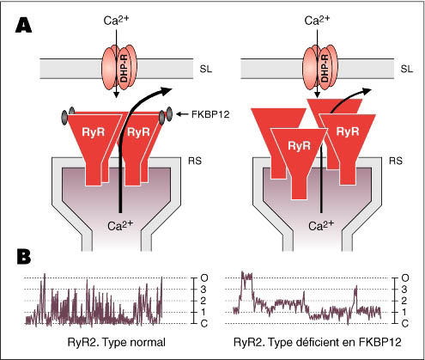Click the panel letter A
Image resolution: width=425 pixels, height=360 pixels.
(x=23, y=25)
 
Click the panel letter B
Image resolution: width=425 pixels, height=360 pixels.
(x=24, y=256)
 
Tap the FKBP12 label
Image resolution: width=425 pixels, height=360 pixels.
(x=210, y=114)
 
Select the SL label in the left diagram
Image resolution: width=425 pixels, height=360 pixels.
(x=206, y=70)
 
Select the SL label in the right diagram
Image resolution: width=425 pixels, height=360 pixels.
(x=407, y=70)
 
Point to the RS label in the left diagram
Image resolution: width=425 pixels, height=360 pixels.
(x=195, y=161)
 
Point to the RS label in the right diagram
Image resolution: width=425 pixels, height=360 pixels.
(x=396, y=161)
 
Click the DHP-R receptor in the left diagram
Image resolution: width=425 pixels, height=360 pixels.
(x=119, y=69)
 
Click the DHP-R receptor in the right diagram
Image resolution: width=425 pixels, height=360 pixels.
(x=320, y=69)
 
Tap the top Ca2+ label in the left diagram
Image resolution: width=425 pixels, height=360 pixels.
(x=117, y=21)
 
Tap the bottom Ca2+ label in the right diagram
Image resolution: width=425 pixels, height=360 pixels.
(x=321, y=225)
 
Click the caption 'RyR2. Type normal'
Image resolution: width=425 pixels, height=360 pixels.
(x=117, y=342)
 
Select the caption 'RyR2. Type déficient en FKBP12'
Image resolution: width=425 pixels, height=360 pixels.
(x=318, y=342)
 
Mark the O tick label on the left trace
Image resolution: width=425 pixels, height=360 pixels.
(x=204, y=278)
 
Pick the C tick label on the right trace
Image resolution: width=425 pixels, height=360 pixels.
(x=405, y=324)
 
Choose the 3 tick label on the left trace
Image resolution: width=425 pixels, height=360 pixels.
(x=203, y=290)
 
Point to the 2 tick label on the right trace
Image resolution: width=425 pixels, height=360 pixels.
(x=404, y=301)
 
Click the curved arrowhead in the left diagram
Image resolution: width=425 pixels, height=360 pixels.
(x=166, y=91)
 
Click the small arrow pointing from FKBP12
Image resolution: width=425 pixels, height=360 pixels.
(x=182, y=114)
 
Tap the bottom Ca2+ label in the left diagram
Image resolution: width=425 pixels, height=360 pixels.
(x=120, y=225)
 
